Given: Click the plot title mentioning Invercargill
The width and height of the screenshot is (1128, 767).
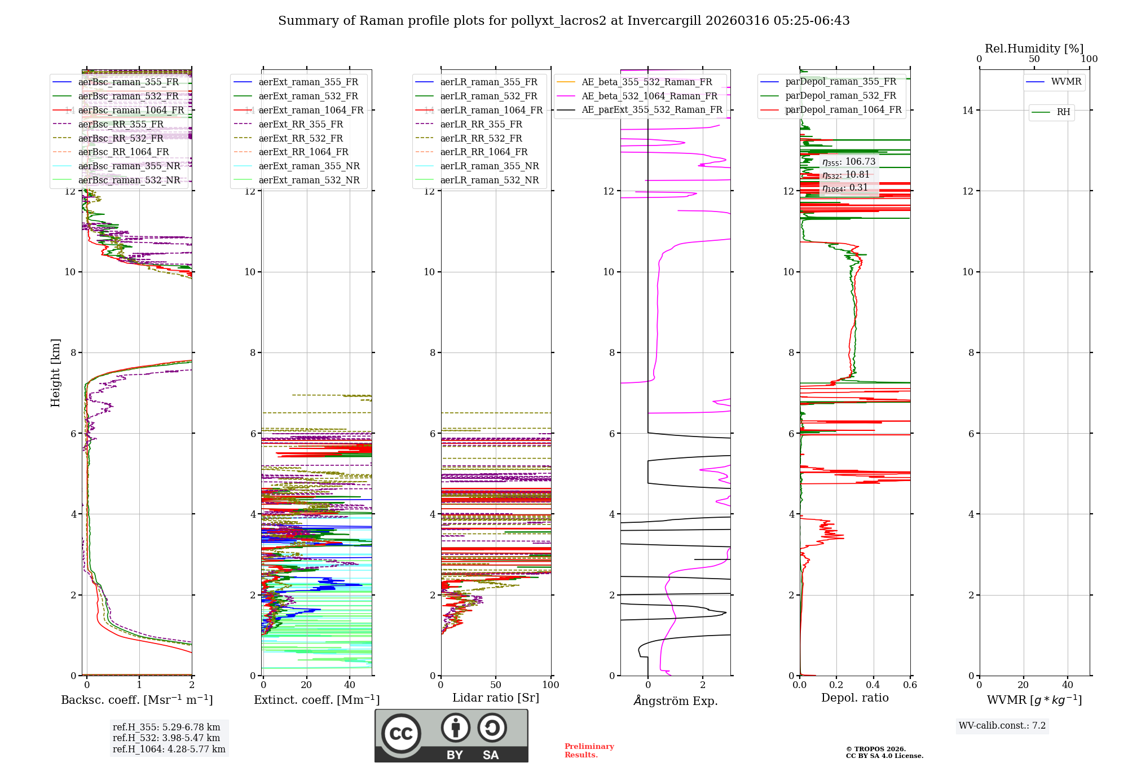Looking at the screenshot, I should click(x=563, y=21).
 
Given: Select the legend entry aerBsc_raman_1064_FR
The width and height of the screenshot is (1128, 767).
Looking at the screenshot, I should click(x=131, y=110).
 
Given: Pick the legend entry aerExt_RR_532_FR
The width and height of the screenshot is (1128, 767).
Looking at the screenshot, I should click(x=300, y=138).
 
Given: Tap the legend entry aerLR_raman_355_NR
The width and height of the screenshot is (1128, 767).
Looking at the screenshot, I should click(x=489, y=166).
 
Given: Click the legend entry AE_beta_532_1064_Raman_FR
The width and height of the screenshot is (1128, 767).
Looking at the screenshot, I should click(x=649, y=96).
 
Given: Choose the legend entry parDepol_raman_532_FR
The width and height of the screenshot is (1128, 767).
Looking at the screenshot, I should click(x=840, y=96).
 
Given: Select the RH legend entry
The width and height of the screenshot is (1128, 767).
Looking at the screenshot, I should click(x=1063, y=112).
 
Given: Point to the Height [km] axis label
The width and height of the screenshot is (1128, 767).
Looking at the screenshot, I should click(x=55, y=373).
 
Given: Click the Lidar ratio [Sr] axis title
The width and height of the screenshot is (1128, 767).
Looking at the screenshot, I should click(x=495, y=698).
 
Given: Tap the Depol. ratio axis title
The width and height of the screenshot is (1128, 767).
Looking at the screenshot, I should click(x=854, y=698).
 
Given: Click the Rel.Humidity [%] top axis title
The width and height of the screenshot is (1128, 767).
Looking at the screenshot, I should click(x=1034, y=49).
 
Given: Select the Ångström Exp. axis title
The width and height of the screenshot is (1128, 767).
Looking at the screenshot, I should click(x=675, y=701).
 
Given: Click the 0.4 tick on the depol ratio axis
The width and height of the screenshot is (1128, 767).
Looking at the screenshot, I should click(x=873, y=685).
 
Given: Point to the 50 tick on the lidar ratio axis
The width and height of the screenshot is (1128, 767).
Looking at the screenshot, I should click(x=496, y=685).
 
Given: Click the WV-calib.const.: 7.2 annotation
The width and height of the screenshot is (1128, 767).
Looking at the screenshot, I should click(x=1002, y=726).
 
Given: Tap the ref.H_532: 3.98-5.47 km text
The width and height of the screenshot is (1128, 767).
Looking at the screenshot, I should click(x=166, y=738).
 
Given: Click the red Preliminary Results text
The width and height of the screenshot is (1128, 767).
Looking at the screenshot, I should click(x=589, y=751).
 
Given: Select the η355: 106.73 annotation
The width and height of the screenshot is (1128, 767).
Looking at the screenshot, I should click(x=849, y=162).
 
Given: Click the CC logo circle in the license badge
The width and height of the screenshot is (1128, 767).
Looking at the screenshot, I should click(x=401, y=734).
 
